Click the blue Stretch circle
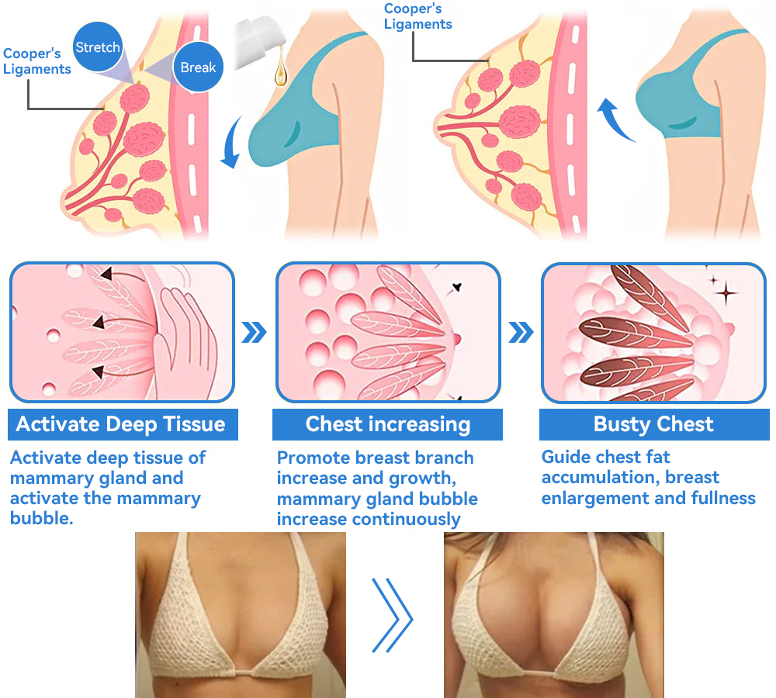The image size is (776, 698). coord(98,47)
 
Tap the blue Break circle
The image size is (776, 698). coord(198,67)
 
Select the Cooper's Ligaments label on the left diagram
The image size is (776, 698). coord(36,61)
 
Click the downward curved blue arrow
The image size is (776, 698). coord(232,143)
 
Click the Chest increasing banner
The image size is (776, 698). coord(387,424)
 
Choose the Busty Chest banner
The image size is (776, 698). coord(653,424)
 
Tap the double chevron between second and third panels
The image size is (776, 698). coord(521,333)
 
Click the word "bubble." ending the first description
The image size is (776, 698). coord(42,518)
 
